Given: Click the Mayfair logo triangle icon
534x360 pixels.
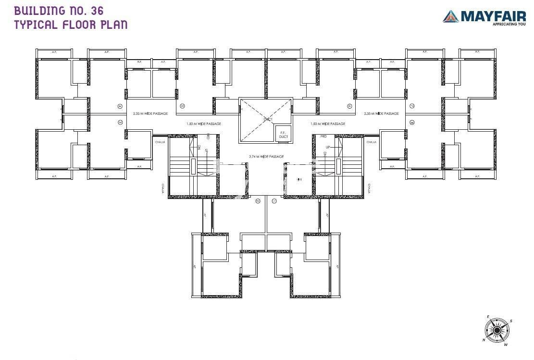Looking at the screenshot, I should pyautogui.click(x=451, y=16).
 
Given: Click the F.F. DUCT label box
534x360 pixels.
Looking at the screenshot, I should pyautogui.click(x=283, y=135).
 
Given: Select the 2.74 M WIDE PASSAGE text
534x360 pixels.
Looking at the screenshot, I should pyautogui.click(x=266, y=157).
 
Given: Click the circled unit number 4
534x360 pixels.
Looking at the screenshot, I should pyautogui.click(x=120, y=106).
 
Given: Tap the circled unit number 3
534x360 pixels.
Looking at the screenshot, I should pyautogui.click(x=120, y=123).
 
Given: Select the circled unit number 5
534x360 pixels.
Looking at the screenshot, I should pyautogui.click(x=182, y=106).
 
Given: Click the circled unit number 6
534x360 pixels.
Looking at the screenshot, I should pyautogui.click(x=349, y=106).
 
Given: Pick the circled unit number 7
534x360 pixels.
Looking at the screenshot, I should pyautogui.click(x=412, y=106).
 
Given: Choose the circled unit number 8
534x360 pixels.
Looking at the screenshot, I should pyautogui.click(x=412, y=123).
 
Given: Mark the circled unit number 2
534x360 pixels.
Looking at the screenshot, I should pyautogui.click(x=258, y=200).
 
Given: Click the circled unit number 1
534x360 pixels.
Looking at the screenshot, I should pyautogui.click(x=274, y=200).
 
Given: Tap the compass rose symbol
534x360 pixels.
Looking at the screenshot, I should pyautogui.click(x=496, y=331).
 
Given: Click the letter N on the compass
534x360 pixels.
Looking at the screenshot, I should pyautogui.click(x=484, y=340).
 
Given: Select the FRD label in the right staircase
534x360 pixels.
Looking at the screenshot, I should pyautogui.click(x=323, y=137).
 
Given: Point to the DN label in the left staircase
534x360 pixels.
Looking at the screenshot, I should pyautogui.click(x=199, y=147).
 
